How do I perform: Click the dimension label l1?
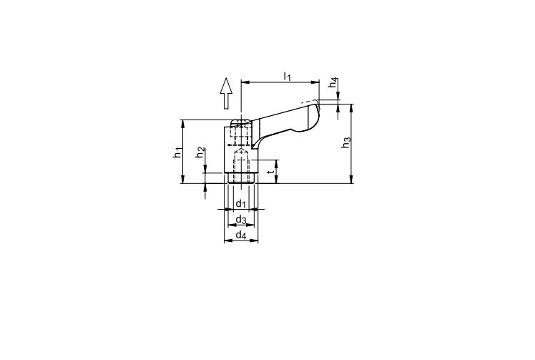pyautogui.click(x=288, y=77)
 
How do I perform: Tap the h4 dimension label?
pyautogui.click(x=333, y=82)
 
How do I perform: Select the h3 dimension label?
pyautogui.click(x=346, y=142)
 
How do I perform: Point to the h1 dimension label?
pyautogui.click(x=177, y=152)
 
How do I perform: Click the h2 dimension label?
pyautogui.click(x=200, y=152)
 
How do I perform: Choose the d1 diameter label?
pyautogui.click(x=241, y=203)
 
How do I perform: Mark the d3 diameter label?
pyautogui.click(x=241, y=219)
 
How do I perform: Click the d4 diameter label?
pyautogui.click(x=241, y=235)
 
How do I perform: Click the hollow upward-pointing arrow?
pyautogui.click(x=226, y=93)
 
